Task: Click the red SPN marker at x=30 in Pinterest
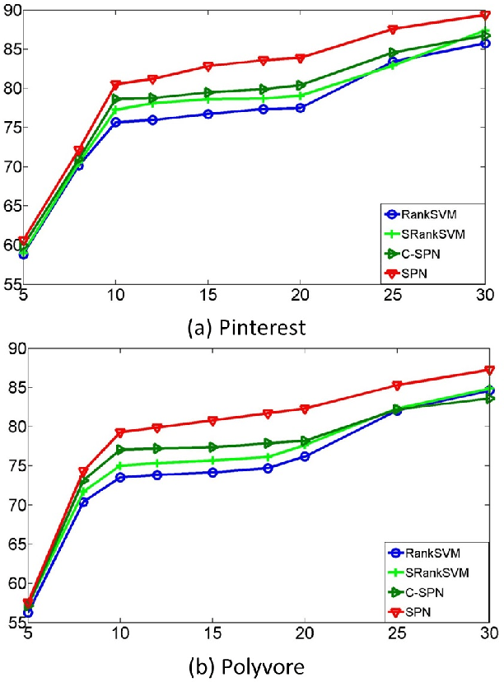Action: [x=485, y=15]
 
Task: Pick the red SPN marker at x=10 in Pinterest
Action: [x=116, y=84]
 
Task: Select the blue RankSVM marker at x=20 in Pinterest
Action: [x=301, y=108]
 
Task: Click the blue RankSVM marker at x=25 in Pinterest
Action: [x=394, y=62]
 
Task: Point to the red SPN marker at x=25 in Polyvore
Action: [x=397, y=385]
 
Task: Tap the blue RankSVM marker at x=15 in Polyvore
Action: [x=212, y=473]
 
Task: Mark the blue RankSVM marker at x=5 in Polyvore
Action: [x=28, y=612]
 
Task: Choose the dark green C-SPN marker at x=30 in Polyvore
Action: [x=489, y=399]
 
